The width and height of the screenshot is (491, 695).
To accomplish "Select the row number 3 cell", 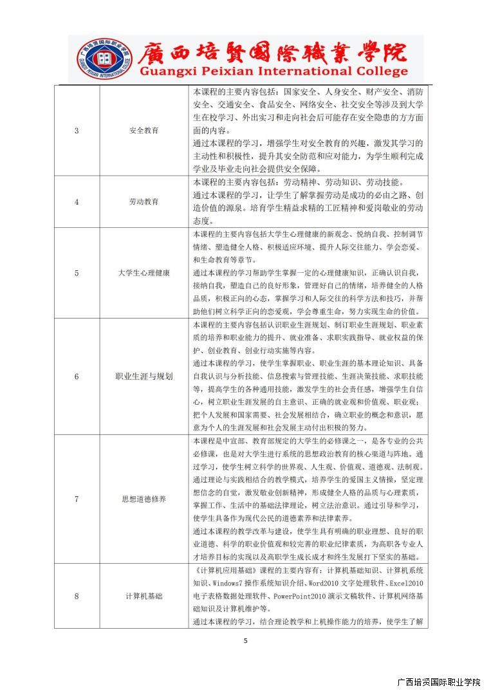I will pyautogui.click(x=77, y=131).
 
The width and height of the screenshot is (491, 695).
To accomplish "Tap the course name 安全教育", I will pyautogui.click(x=144, y=131).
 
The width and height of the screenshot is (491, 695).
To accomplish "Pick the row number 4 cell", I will pyautogui.click(x=77, y=201).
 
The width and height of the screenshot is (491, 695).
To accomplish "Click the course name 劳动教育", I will pyautogui.click(x=144, y=201).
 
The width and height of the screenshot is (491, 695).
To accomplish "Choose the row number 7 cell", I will pyautogui.click(x=77, y=499).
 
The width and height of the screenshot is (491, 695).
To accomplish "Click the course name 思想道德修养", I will pyautogui.click(x=144, y=499).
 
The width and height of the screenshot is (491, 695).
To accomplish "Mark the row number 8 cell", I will pyautogui.click(x=77, y=596).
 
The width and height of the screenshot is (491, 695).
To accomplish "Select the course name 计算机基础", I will pyautogui.click(x=144, y=596).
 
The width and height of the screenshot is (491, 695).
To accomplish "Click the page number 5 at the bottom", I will pyautogui.click(x=245, y=640).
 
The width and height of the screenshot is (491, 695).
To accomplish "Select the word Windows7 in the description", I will pyautogui.click(x=225, y=583).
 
